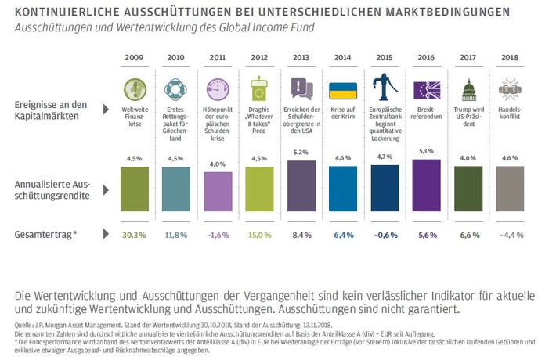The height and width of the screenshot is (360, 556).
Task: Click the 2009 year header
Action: (134, 58)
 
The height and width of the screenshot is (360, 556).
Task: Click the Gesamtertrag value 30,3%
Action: (134, 235)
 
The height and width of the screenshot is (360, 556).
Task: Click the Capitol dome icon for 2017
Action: (468, 87)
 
